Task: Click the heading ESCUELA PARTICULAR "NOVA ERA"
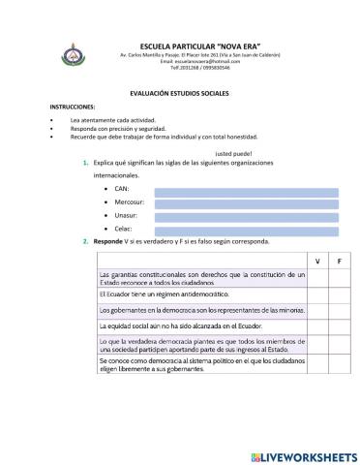[x=198, y=46]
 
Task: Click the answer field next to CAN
[x=247, y=192]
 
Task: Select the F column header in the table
[x=338, y=262]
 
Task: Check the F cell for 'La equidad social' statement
[x=338, y=326]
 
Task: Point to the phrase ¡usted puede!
[x=207, y=153]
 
